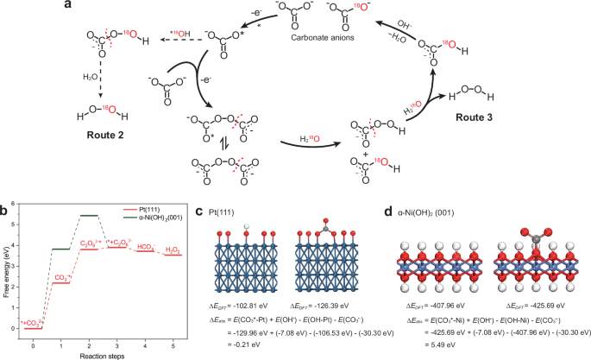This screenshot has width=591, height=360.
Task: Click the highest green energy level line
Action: coord(89,215)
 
